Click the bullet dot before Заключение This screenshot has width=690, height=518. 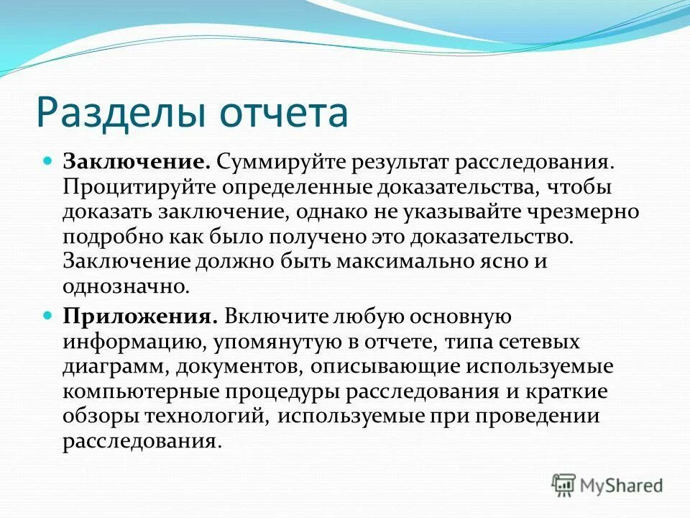coord(49,160)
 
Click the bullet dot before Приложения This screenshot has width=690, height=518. coord(49,315)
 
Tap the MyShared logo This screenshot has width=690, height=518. coord(607,484)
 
